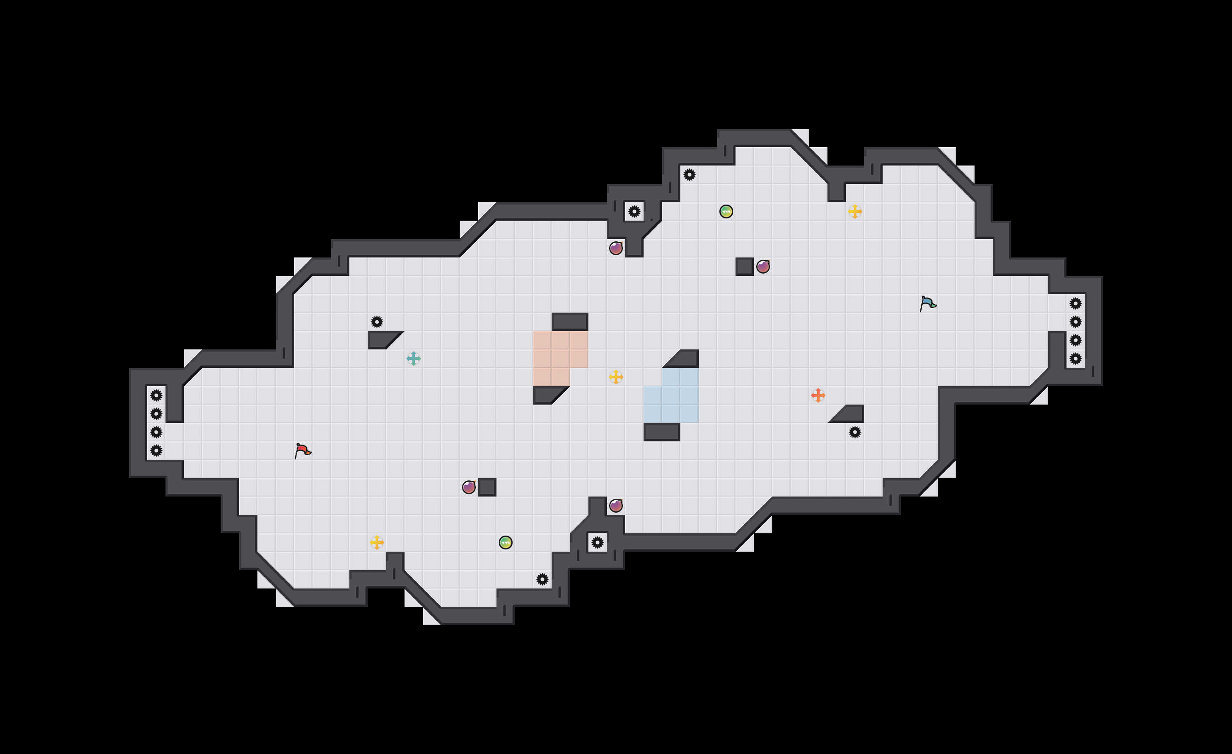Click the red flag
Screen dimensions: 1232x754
pos(302,451)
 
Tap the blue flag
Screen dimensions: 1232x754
pos(928,303)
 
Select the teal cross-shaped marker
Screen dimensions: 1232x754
pos(413,359)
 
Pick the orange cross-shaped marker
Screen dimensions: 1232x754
pos(818,395)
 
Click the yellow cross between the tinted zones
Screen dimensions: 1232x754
pos(616,377)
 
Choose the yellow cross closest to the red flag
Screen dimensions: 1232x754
pos(377,543)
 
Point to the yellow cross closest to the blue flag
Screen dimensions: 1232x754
pos(855,211)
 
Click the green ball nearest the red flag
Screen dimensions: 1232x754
pos(506,543)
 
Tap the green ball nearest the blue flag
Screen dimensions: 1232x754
pos(726,211)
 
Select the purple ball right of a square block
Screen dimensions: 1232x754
pos(763,267)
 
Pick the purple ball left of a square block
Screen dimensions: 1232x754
pos(468,487)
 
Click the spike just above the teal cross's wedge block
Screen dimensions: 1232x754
pos(377,321)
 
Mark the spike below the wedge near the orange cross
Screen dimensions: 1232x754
pos(855,432)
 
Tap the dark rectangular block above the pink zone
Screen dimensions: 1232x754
pos(570,321)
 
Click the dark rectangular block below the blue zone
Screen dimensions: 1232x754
pos(662,432)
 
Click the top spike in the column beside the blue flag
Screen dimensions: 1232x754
pos(1076,303)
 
